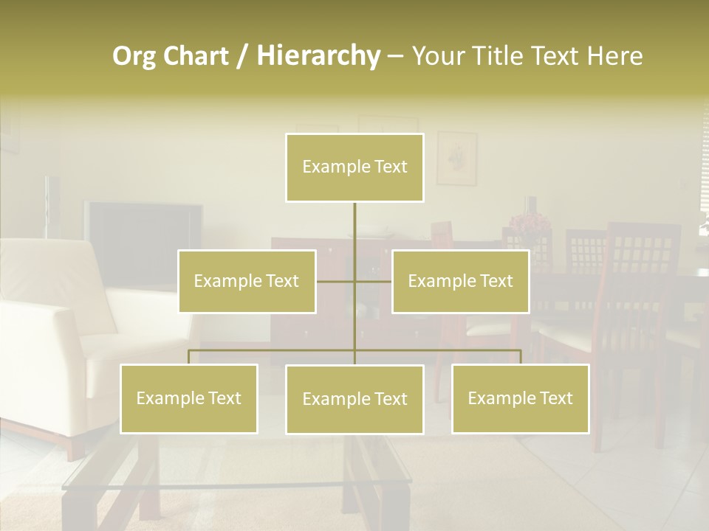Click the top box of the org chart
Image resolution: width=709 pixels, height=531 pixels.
point(354,167)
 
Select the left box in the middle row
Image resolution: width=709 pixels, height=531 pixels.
point(247,281)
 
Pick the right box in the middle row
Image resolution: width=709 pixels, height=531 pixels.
point(460,281)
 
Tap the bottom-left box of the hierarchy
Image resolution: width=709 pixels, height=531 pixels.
point(188,398)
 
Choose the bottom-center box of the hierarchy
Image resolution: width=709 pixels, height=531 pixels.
point(354,399)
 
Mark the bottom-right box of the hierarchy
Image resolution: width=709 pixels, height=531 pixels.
point(520,398)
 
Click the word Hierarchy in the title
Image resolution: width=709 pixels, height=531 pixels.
point(318,56)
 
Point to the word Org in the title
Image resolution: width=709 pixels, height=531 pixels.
point(135,56)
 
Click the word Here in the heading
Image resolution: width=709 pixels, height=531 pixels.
point(612,56)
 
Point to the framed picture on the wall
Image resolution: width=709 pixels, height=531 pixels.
point(456,158)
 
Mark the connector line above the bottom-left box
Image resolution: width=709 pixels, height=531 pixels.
point(188,356)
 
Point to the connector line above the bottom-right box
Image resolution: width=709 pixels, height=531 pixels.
point(520,356)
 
